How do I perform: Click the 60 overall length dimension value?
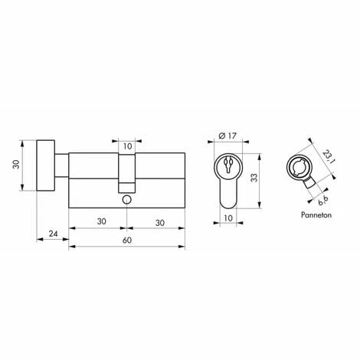pyautogui.click(x=126, y=240)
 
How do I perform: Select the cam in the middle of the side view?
pyautogui.click(x=126, y=172)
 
